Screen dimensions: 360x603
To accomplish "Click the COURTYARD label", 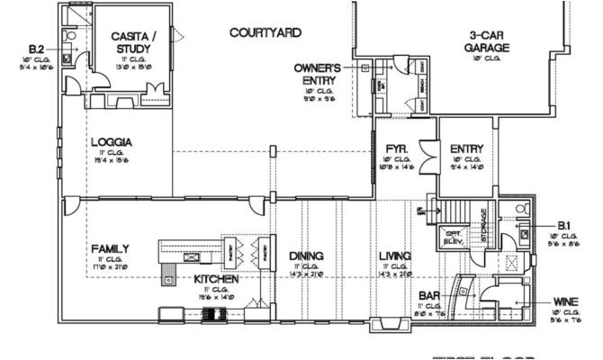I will tap(264, 32).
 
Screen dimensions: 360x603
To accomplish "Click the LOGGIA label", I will tap(112, 141).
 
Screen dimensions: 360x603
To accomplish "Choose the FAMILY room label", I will tap(111, 247).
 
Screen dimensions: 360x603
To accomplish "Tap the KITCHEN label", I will tap(216, 280).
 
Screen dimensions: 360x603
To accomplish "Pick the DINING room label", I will tap(306, 255).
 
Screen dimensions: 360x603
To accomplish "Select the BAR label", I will tap(428, 295).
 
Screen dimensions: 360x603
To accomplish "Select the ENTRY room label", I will tap(466, 148).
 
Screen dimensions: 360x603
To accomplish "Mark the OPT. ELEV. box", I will tap(454, 238).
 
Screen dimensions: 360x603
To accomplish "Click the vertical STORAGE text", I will tap(482, 224).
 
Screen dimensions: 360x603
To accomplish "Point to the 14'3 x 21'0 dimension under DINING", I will tap(306, 274).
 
